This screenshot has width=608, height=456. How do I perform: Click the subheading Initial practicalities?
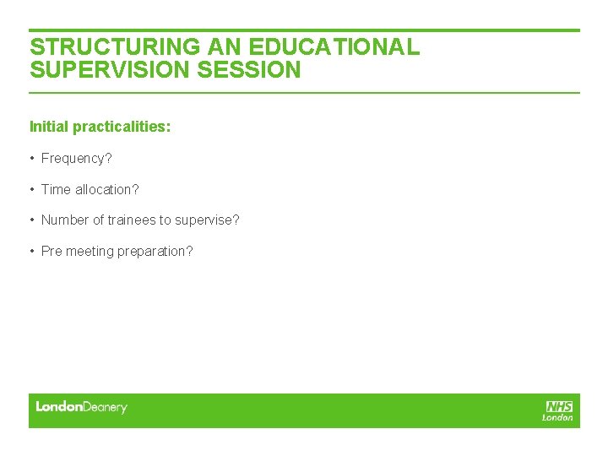pyautogui.click(x=100, y=127)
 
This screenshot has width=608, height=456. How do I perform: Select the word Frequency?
pyautogui.click(x=77, y=158)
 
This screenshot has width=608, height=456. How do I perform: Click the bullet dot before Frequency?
pyautogui.click(x=32, y=158)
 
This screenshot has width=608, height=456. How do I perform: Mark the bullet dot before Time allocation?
pyautogui.click(x=32, y=189)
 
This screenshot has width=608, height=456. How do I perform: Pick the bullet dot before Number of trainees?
pyautogui.click(x=32, y=220)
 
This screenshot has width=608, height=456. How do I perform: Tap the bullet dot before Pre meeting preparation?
pyautogui.click(x=32, y=251)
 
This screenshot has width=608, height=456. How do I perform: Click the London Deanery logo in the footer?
pyautogui.click(x=81, y=407)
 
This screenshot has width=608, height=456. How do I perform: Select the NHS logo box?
pyautogui.click(x=559, y=406)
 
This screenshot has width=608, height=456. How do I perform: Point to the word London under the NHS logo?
pyautogui.click(x=557, y=417)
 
